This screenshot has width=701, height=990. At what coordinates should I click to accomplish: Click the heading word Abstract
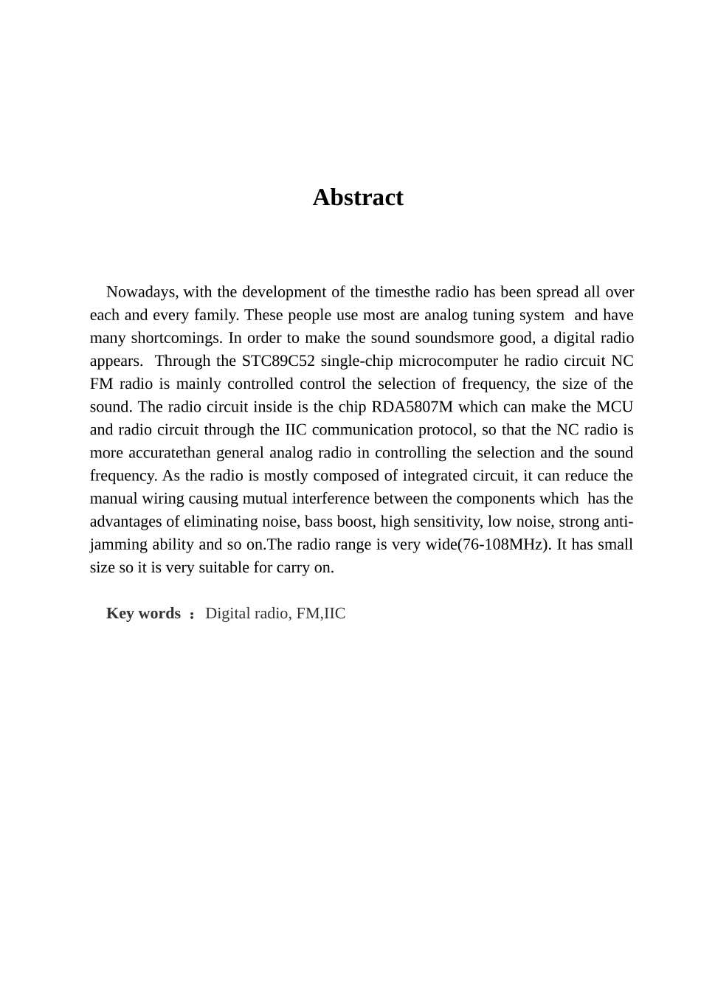click(358, 198)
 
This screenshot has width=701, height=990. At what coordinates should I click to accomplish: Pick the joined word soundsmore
click(454, 338)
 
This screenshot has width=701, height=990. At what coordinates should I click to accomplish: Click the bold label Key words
click(143, 614)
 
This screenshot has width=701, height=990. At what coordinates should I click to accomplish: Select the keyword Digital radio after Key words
click(246, 614)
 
